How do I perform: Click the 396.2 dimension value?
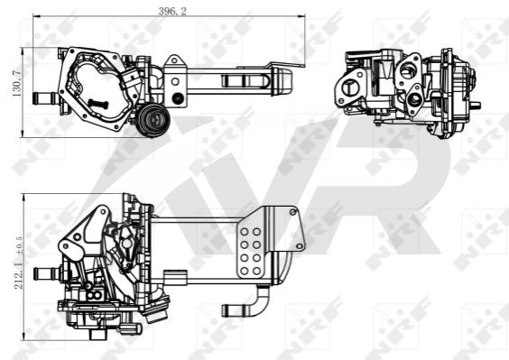(172, 11)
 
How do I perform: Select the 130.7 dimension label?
(16, 83)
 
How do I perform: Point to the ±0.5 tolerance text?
(19, 245)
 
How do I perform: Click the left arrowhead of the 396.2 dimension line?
(36, 15)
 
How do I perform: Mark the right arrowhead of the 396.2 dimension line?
(302, 15)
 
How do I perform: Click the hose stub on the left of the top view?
(45, 98)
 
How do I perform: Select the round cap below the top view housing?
(153, 120)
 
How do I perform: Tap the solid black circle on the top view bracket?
(177, 98)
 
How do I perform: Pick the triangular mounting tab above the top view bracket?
(174, 60)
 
